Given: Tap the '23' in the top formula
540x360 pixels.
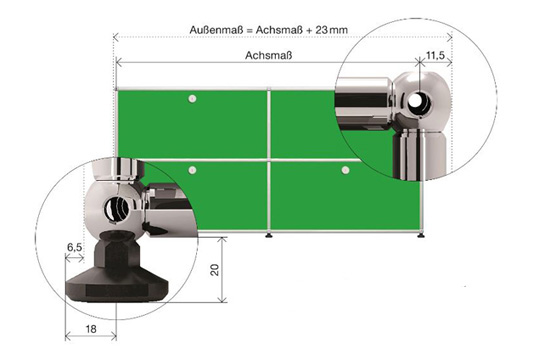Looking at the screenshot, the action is click(321, 30).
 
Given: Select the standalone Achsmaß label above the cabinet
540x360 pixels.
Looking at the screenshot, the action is click(269, 55).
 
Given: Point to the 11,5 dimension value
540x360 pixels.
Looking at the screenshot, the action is click(436, 55).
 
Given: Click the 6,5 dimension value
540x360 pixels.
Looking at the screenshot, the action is click(74, 247).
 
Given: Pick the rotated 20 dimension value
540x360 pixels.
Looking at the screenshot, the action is click(215, 270).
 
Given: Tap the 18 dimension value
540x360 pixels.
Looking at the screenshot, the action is click(91, 329).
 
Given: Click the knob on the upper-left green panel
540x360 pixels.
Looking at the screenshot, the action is click(193, 99).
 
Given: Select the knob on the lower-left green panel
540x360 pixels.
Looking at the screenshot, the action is click(193, 170).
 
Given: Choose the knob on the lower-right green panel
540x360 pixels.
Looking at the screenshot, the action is click(345, 170).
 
